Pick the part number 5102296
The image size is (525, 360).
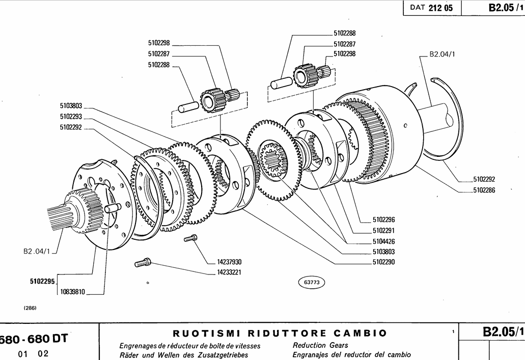click(x=384, y=220)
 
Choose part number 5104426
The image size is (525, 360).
click(x=384, y=241)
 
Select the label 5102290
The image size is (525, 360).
click(x=384, y=262)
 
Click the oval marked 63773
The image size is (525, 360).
click(x=311, y=281)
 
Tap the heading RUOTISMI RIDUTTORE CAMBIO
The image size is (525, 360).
click(x=281, y=334)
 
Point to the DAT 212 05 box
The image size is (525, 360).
click(x=432, y=8)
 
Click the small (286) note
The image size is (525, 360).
click(x=30, y=308)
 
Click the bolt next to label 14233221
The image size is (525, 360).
click(x=143, y=263)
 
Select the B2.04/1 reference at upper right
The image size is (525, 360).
click(x=443, y=54)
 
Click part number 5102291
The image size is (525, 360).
click(x=384, y=230)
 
